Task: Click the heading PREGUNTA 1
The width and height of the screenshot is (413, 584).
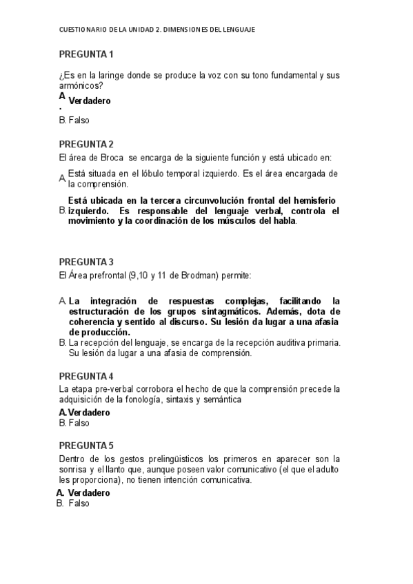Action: pos(86,54)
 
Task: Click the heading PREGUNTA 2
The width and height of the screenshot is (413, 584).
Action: pos(86,144)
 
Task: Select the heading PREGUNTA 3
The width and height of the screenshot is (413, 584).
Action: pos(86,262)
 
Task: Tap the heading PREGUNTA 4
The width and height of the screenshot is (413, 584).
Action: pos(86,376)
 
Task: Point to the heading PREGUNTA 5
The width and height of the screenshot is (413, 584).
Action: pos(86,445)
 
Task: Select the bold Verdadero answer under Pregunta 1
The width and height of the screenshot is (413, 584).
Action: pos(90,101)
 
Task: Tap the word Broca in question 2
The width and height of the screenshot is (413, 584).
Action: pos(110,158)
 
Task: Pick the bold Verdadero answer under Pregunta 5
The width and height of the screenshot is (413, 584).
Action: pos(89,492)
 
